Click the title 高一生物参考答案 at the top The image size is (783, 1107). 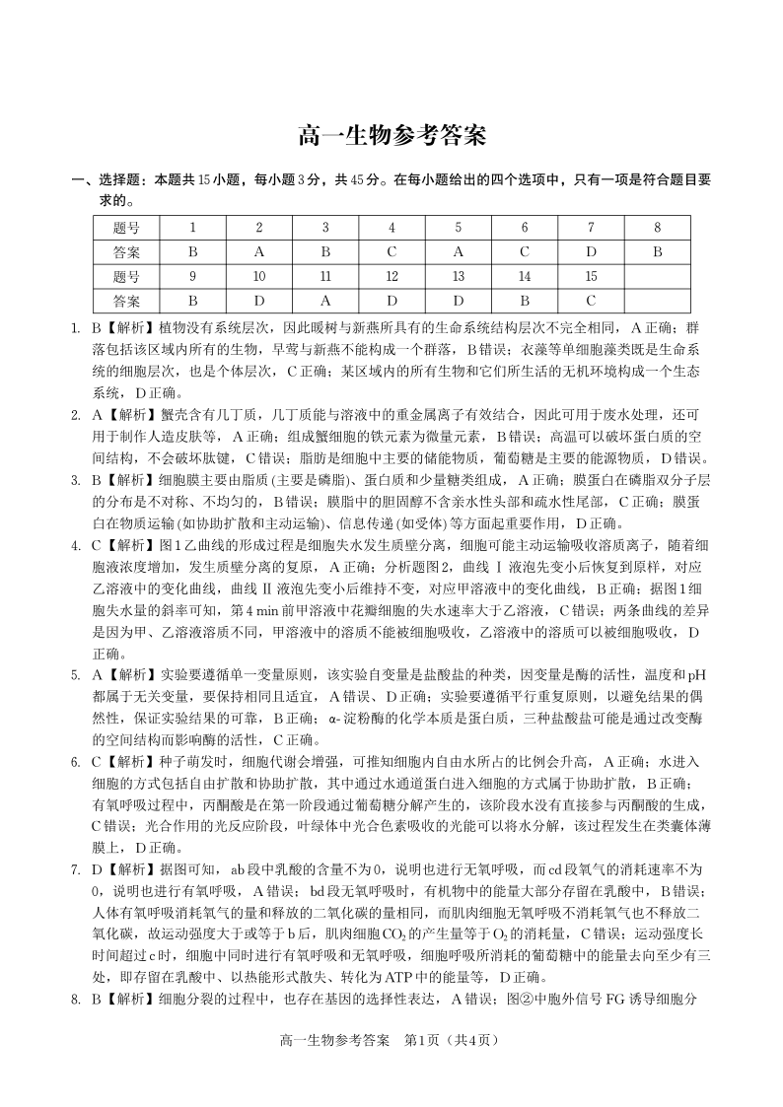391,135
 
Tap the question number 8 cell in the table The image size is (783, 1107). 657,228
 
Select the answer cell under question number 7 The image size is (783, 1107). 591,251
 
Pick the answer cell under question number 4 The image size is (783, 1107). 391,251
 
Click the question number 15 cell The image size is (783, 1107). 591,276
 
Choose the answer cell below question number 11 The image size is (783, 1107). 324,300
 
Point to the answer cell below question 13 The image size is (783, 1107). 458,300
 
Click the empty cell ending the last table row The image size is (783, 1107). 657,300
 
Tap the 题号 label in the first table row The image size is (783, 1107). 126,228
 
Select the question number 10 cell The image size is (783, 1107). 258,276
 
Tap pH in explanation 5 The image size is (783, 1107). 697,675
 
